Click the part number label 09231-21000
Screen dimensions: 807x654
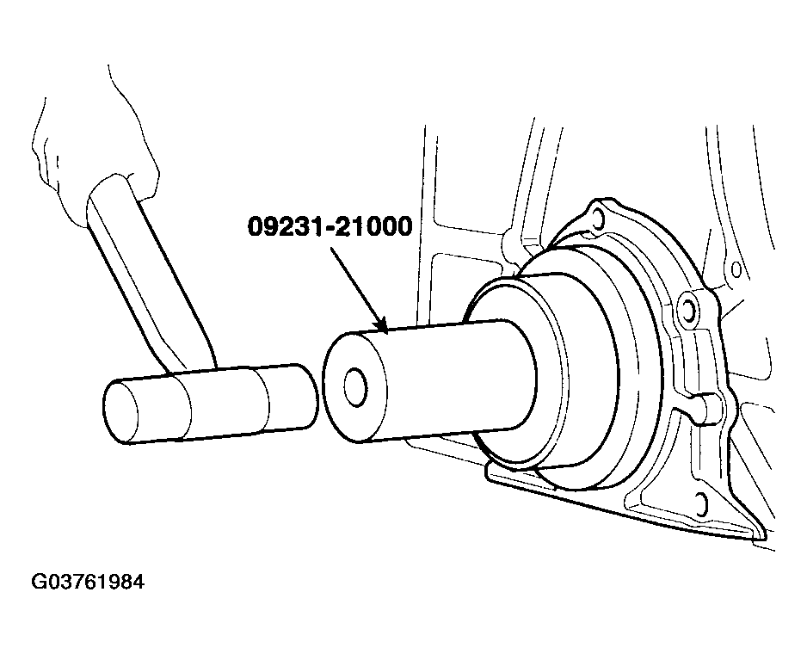tap(330, 226)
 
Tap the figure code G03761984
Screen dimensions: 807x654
tap(88, 582)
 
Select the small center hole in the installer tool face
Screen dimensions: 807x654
tap(355, 386)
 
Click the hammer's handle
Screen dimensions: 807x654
tap(149, 273)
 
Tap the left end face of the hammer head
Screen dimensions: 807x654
tap(120, 411)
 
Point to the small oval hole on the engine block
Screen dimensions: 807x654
tap(736, 268)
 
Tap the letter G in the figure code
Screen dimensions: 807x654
tap(39, 582)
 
